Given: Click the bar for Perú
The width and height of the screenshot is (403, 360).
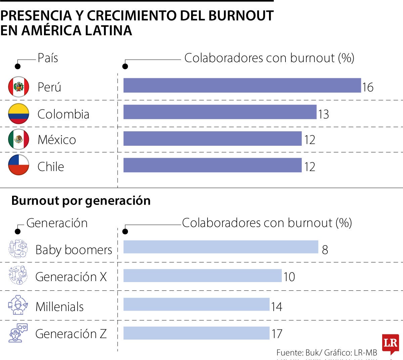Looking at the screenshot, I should coord(242,85).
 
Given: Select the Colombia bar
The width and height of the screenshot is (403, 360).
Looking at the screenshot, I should coord(220,112).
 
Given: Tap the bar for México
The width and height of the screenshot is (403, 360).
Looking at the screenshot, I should coord(213,138).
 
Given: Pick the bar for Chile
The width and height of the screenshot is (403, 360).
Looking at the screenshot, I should coord(213,165).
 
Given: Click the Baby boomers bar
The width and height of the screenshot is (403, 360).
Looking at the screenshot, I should coord(221,247).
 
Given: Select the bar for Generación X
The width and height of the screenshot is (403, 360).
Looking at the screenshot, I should coord(203,276).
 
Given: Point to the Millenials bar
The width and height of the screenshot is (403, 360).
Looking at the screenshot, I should coord(196,304).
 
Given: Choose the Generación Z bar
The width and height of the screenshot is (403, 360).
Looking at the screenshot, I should coord(196,333).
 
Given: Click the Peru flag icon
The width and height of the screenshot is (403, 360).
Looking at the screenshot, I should coord(18,87).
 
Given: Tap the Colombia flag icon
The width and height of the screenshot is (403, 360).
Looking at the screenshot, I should coord(18,114).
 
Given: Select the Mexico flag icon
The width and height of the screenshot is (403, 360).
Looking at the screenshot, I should coord(18,139).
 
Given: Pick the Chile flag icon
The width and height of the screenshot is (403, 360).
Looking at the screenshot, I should coord(18,165).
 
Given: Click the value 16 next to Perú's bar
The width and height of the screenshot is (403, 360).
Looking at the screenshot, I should coord(368,87).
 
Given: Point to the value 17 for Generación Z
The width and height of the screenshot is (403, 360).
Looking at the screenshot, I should coord(277,334).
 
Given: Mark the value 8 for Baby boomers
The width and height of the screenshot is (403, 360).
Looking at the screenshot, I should coord(325,250).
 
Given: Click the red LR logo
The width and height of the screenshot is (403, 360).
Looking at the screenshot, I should coord(390,344).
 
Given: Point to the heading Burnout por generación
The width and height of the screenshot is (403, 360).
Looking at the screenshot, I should coord(81,200).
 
